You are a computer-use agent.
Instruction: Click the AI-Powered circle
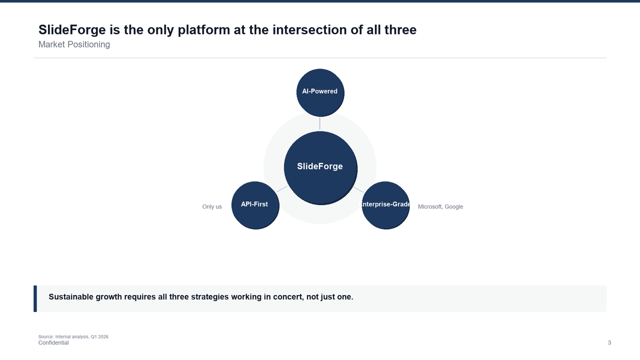tap(320, 92)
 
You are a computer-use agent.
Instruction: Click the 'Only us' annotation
tap(212, 207)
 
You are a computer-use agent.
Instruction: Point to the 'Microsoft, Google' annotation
tap(440, 207)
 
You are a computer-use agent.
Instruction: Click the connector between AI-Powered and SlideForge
tap(320, 123)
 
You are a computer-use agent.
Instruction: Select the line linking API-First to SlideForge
tap(282, 189)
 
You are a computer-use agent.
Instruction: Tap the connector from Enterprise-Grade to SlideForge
tap(358, 189)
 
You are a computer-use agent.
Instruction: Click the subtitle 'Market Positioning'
tap(74, 44)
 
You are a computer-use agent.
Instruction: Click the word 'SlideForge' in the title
tap(72, 30)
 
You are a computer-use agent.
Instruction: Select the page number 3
tap(609, 343)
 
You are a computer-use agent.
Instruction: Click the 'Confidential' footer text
tap(53, 343)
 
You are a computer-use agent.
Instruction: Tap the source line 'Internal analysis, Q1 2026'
tap(73, 337)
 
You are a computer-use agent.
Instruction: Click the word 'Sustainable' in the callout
tap(71, 297)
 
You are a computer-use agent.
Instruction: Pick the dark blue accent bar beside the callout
tap(35, 298)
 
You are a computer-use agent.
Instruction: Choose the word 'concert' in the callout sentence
tap(287, 297)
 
